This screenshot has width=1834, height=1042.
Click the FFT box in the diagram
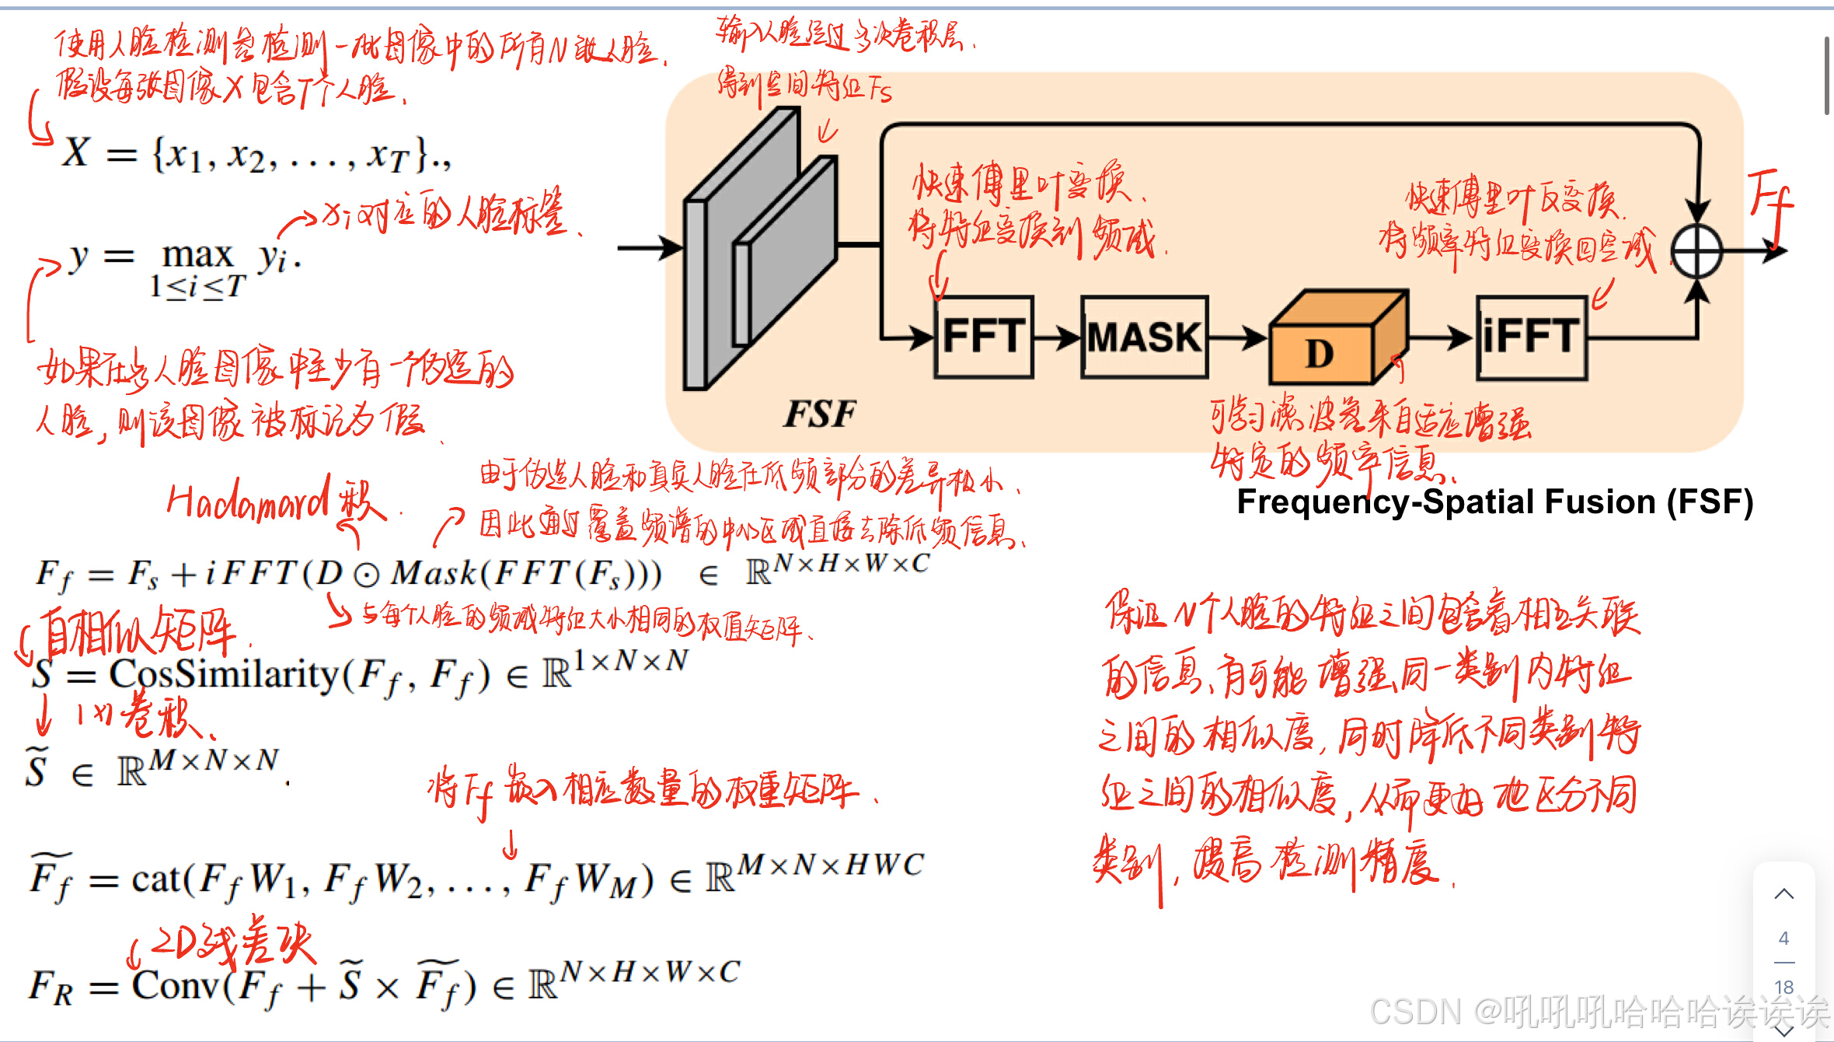click(984, 337)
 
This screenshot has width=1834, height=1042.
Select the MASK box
click(1144, 337)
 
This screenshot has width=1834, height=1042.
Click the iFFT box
click(1531, 337)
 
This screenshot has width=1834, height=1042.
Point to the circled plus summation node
click(1696, 251)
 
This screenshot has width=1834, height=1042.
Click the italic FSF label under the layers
click(819, 414)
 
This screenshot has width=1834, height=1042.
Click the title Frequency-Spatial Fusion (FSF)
click(1494, 502)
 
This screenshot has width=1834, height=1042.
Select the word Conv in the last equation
click(176, 986)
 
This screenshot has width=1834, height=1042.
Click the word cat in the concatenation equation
click(155, 879)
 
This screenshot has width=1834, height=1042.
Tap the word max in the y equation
click(197, 255)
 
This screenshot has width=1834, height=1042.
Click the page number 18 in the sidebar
click(1783, 987)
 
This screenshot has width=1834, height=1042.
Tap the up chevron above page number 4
click(1783, 894)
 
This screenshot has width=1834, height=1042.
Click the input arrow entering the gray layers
click(649, 248)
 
